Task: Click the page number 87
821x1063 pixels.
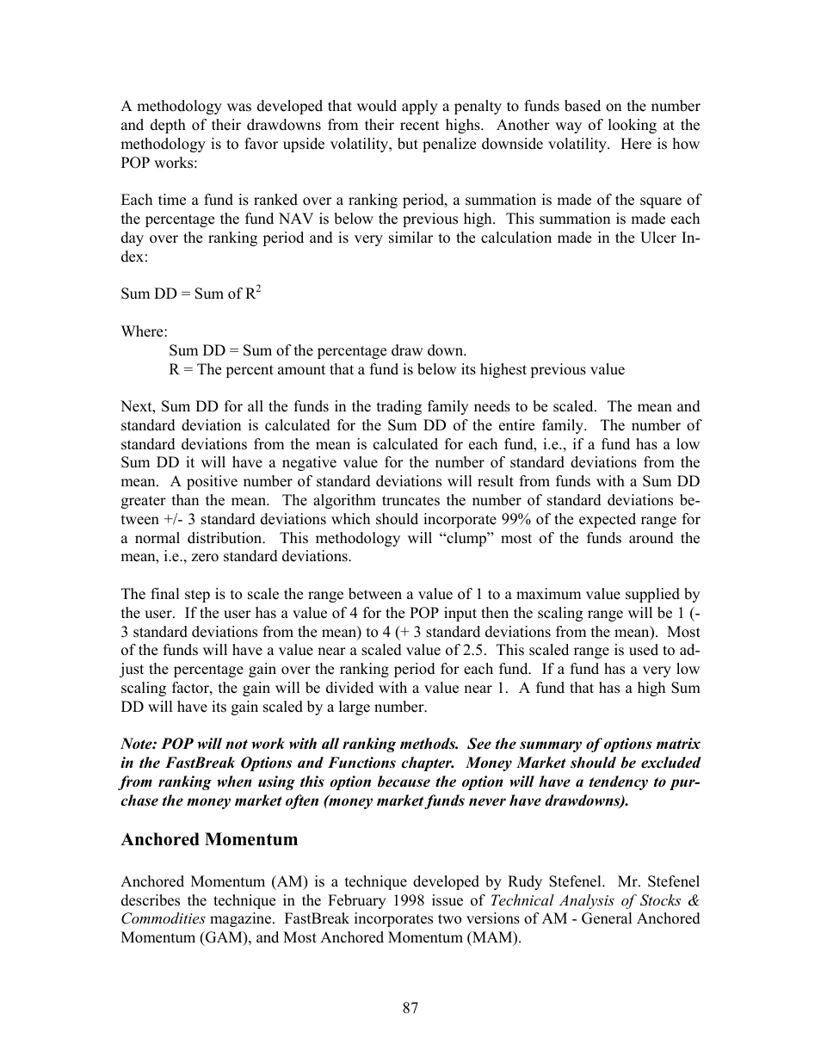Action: point(410,1008)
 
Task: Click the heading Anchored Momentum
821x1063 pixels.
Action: point(209,839)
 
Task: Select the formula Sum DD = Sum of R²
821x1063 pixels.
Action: point(190,294)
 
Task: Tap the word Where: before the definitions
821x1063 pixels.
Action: point(144,331)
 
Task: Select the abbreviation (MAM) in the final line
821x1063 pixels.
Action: point(492,937)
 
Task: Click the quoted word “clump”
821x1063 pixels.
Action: point(481,538)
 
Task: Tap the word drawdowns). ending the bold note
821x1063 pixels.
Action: point(589,800)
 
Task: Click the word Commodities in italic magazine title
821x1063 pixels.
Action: point(163,918)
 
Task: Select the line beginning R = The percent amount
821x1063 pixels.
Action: point(397,369)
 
